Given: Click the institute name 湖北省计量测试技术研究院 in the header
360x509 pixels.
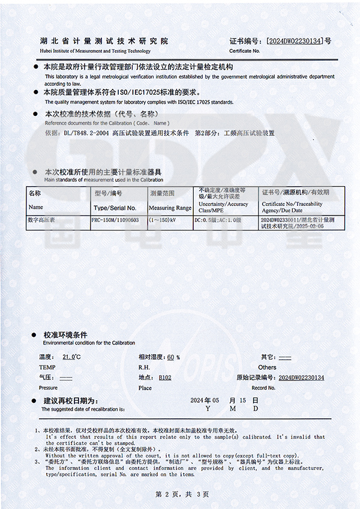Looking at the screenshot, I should (104, 41).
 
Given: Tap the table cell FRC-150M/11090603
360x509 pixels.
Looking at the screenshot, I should (115, 220).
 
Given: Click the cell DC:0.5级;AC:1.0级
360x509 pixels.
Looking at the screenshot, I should (218, 220).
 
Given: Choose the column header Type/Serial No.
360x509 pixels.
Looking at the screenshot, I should (115, 208).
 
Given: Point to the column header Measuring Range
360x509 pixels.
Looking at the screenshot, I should (170, 208).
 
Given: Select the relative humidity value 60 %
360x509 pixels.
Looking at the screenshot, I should (172, 357).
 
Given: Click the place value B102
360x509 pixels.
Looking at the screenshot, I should (165, 378).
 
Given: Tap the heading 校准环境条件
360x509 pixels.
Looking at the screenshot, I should (65, 334).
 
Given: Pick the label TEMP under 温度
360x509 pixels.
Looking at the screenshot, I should (47, 367).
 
